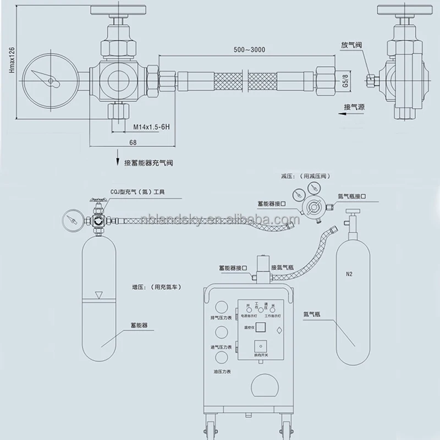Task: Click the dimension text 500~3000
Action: pyautogui.click(x=249, y=50)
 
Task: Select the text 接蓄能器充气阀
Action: pyautogui.click(x=151, y=163)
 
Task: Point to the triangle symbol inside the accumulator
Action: pyautogui.click(x=98, y=295)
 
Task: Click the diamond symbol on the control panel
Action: pyautogui.click(x=279, y=331)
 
